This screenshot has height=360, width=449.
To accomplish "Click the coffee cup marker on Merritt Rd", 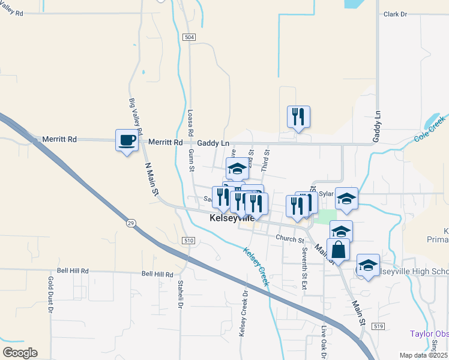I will tap(126, 141).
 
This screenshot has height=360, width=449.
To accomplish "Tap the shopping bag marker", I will tap(339, 250).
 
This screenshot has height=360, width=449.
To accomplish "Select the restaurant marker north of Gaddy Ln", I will tap(298, 117).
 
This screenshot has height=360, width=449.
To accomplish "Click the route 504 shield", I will tap(190, 37).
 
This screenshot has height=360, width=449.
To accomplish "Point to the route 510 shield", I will tap(189, 241).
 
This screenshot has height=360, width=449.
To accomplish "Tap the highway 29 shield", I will tap(130, 223).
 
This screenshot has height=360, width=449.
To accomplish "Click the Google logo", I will tap(20, 352).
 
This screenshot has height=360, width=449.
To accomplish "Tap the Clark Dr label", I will tap(396, 14).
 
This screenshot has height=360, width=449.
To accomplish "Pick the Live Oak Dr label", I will tap(324, 339).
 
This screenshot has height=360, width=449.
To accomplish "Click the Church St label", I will tap(291, 239).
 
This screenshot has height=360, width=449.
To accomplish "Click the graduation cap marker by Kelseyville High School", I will tap(368, 266).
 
